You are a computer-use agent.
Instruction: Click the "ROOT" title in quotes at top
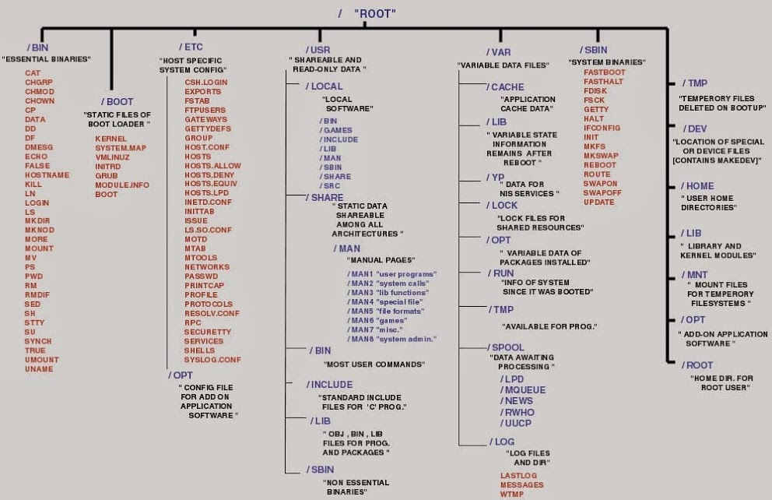375,13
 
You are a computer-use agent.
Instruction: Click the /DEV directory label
694,128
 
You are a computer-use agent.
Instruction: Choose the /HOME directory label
698,186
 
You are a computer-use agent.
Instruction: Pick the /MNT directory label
695,275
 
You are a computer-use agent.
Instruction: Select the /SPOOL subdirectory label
506,347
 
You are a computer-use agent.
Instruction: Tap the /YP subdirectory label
495,178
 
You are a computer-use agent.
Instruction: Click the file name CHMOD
40,92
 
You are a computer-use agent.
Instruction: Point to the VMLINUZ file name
112,157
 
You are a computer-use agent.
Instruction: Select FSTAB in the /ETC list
198,100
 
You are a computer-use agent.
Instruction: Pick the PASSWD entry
201,276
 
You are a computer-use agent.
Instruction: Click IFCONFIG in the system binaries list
602,128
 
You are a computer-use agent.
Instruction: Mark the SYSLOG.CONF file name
212,360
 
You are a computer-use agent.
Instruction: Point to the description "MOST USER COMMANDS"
374,364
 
